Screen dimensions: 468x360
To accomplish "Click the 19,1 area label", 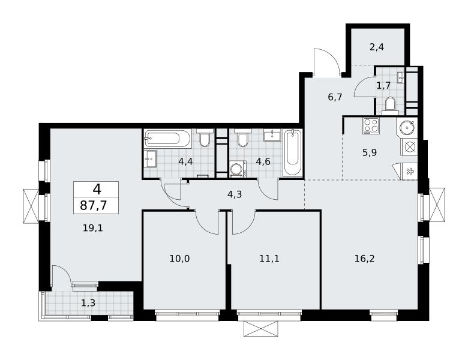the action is pyautogui.click(x=92, y=229).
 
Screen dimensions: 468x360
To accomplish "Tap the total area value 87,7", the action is pyautogui.click(x=94, y=206).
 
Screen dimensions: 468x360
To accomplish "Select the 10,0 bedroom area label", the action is pyautogui.click(x=179, y=259).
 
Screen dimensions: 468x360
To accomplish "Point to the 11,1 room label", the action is pyautogui.click(x=269, y=259).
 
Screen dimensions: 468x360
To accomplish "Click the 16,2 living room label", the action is pyautogui.click(x=364, y=259).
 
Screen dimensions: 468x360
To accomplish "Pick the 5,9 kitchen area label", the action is pyautogui.click(x=370, y=153).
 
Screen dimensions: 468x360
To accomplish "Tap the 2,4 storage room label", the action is pyautogui.click(x=377, y=47).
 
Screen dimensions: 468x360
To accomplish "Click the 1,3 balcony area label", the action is pyautogui.click(x=88, y=303).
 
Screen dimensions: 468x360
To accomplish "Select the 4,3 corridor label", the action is pyautogui.click(x=235, y=194).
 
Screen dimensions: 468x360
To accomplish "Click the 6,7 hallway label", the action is pyautogui.click(x=335, y=97).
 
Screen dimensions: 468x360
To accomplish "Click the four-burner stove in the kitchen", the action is pyautogui.click(x=371, y=125).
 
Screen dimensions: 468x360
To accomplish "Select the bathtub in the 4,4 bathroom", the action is pyautogui.click(x=167, y=139).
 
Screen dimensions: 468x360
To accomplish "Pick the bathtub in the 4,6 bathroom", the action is pyautogui.click(x=293, y=153).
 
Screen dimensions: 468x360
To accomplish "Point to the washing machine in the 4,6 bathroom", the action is pyautogui.click(x=238, y=170).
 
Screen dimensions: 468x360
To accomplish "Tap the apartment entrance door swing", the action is pyautogui.click(x=326, y=62).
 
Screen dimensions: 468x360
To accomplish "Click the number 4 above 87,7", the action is pyautogui.click(x=97, y=189).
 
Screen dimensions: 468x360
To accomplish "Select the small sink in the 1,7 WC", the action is pyautogui.click(x=401, y=77).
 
